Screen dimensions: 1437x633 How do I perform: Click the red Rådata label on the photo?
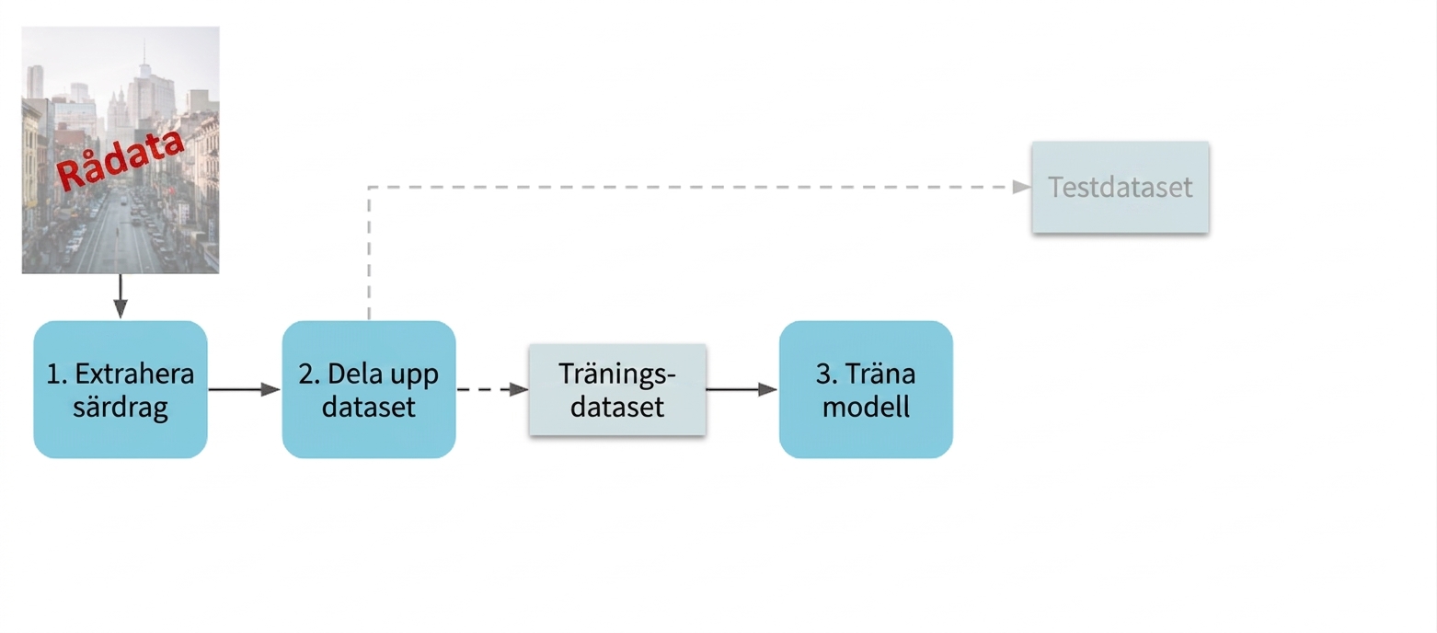pyautogui.click(x=121, y=160)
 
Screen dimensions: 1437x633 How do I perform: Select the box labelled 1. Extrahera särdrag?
pyautogui.click(x=121, y=389)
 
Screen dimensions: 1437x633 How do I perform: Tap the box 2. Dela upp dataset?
pyautogui.click(x=369, y=389)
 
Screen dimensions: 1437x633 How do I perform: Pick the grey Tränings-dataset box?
pyautogui.click(x=617, y=390)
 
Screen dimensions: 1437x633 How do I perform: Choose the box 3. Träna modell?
pyautogui.click(x=866, y=389)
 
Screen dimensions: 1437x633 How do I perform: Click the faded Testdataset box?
pyautogui.click(x=1121, y=188)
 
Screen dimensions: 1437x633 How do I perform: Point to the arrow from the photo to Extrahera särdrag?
pyautogui.click(x=121, y=296)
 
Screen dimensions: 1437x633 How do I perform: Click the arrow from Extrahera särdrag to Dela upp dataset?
pyautogui.click(x=245, y=389)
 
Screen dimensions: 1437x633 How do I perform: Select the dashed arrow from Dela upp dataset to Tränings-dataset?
pyautogui.click(x=493, y=389)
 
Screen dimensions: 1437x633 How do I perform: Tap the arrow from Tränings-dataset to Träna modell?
pyautogui.click(x=742, y=389)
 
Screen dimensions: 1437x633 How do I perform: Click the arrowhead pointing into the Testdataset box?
pyautogui.click(x=1022, y=188)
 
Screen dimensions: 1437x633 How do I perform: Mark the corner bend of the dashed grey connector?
pyautogui.click(x=369, y=188)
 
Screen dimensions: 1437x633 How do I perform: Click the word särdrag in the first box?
pyautogui.click(x=121, y=408)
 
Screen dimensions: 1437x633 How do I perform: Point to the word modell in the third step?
pyautogui.click(x=866, y=407)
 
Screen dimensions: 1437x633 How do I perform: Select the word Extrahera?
pyautogui.click(x=134, y=374)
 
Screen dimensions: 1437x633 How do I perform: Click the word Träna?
pyautogui.click(x=880, y=374)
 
